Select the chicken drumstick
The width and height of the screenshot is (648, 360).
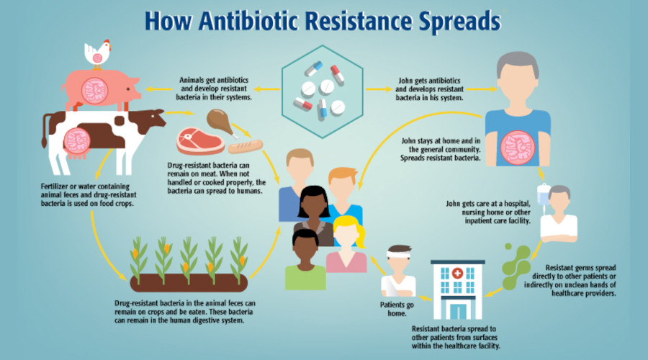221,122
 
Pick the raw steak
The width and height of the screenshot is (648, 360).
200,141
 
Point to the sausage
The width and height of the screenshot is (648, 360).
246,146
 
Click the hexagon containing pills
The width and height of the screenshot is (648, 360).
323,91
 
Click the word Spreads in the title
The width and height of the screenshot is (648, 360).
459,22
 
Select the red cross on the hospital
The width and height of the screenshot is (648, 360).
457,273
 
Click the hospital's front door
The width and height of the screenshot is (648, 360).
458,310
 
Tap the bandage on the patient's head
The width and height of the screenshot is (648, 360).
399,252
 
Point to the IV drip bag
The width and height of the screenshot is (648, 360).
543,194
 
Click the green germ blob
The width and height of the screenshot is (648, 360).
516,266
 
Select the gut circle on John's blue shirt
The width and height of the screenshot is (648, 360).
518,148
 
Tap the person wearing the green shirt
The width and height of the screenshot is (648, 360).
305,260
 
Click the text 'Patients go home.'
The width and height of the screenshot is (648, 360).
397,309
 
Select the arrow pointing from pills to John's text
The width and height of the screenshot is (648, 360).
379,89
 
